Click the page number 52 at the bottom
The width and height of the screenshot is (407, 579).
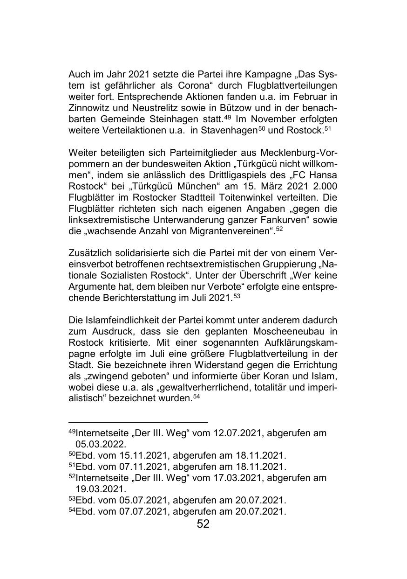[x=203, y=524]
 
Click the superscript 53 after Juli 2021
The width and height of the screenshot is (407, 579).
[x=237, y=296]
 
